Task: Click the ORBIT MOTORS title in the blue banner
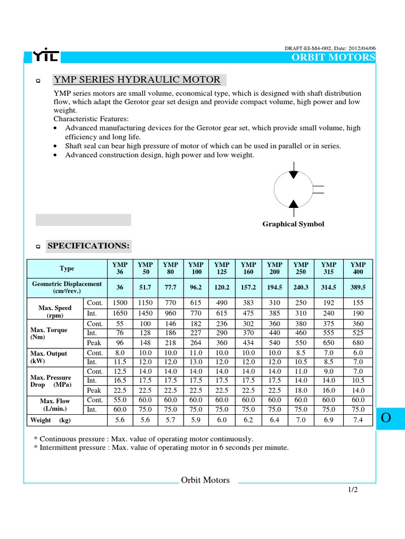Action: tap(333, 57)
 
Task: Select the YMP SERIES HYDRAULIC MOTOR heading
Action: tap(137, 80)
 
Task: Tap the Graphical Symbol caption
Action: tap(293, 224)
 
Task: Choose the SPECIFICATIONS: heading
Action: tap(88, 246)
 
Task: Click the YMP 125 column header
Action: tap(222, 268)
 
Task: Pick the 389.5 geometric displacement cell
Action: tap(358, 287)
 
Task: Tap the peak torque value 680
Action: tap(358, 343)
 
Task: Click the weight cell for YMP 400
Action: tap(358, 420)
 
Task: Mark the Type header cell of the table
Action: tap(67, 268)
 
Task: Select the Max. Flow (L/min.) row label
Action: tap(55, 405)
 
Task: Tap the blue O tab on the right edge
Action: tap(386, 418)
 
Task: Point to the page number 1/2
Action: tap(353, 490)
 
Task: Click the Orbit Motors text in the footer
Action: tap(206, 480)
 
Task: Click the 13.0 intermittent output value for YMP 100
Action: tap(196, 362)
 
